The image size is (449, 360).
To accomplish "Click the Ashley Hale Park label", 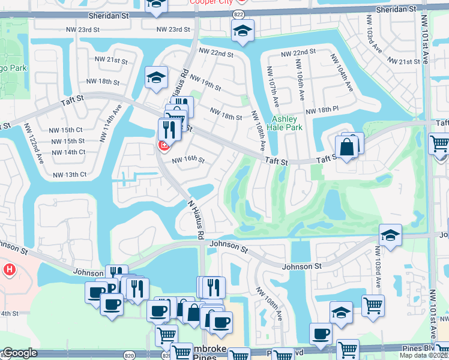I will (x=287, y=123).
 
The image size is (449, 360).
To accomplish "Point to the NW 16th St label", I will (x=188, y=160).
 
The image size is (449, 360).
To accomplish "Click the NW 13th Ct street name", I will (x=70, y=175).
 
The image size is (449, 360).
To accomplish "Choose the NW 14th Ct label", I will (x=68, y=152).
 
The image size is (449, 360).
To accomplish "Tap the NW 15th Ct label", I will (x=66, y=130).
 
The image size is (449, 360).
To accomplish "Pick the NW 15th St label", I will (x=66, y=141).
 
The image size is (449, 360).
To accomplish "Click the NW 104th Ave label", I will (x=345, y=79).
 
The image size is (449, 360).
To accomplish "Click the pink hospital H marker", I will (x=8, y=270).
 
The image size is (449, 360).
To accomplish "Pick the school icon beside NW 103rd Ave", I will (x=390, y=236).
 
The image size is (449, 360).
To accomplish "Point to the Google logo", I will (x=20, y=353).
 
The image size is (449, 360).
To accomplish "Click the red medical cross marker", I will (x=163, y=146).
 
